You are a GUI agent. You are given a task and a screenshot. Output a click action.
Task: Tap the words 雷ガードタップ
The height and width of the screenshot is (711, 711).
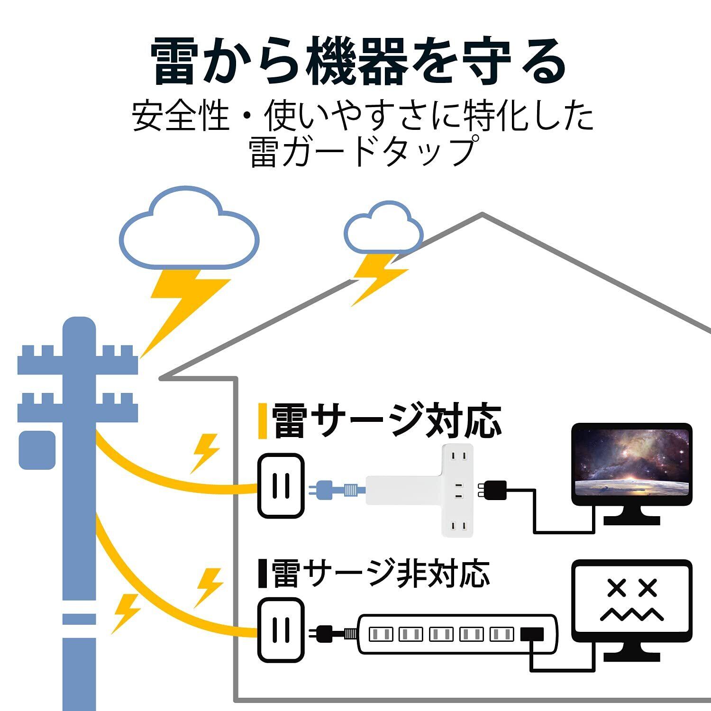tap(362, 152)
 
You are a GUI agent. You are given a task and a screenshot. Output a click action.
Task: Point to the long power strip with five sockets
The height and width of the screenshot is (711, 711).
tap(457, 634)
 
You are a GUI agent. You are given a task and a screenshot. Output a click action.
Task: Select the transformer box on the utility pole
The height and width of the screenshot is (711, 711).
tap(37, 450)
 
